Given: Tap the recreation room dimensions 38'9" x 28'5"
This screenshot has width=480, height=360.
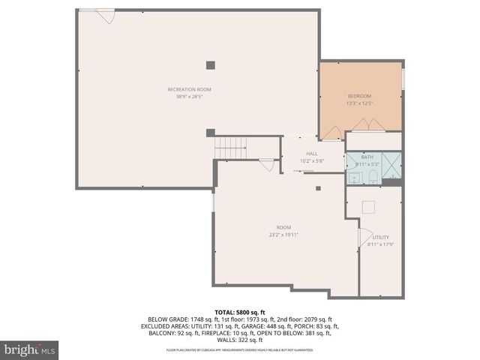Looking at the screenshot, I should tap(189, 96).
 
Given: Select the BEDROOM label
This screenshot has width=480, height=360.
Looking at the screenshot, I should tap(358, 96).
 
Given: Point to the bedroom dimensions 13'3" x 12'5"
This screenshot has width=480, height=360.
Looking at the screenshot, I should tap(358, 103).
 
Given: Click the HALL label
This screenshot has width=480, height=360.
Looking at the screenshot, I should tap(311, 154).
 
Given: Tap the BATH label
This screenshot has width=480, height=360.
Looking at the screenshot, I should tap(366, 157).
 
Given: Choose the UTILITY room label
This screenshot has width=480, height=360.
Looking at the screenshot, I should tap(380, 237).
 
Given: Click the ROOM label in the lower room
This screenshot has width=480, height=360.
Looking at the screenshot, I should tap(283, 227).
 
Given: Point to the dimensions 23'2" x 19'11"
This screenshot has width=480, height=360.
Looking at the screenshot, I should tap(283, 235).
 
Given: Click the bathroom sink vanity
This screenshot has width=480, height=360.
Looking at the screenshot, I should tap(353, 177).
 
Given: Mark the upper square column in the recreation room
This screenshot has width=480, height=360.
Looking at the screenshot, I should tap(211, 64).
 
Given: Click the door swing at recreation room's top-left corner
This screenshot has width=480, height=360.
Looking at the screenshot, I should tap(106, 15).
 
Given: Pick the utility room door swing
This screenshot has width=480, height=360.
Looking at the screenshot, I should tap(367, 238).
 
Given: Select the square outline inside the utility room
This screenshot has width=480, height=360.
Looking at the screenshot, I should tap(368, 207).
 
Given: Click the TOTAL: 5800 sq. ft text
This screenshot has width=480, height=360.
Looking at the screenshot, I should tap(239, 311).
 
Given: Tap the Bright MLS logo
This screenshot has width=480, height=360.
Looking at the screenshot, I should tap(30, 349).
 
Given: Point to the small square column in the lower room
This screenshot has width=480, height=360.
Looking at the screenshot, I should tap(318, 188).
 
